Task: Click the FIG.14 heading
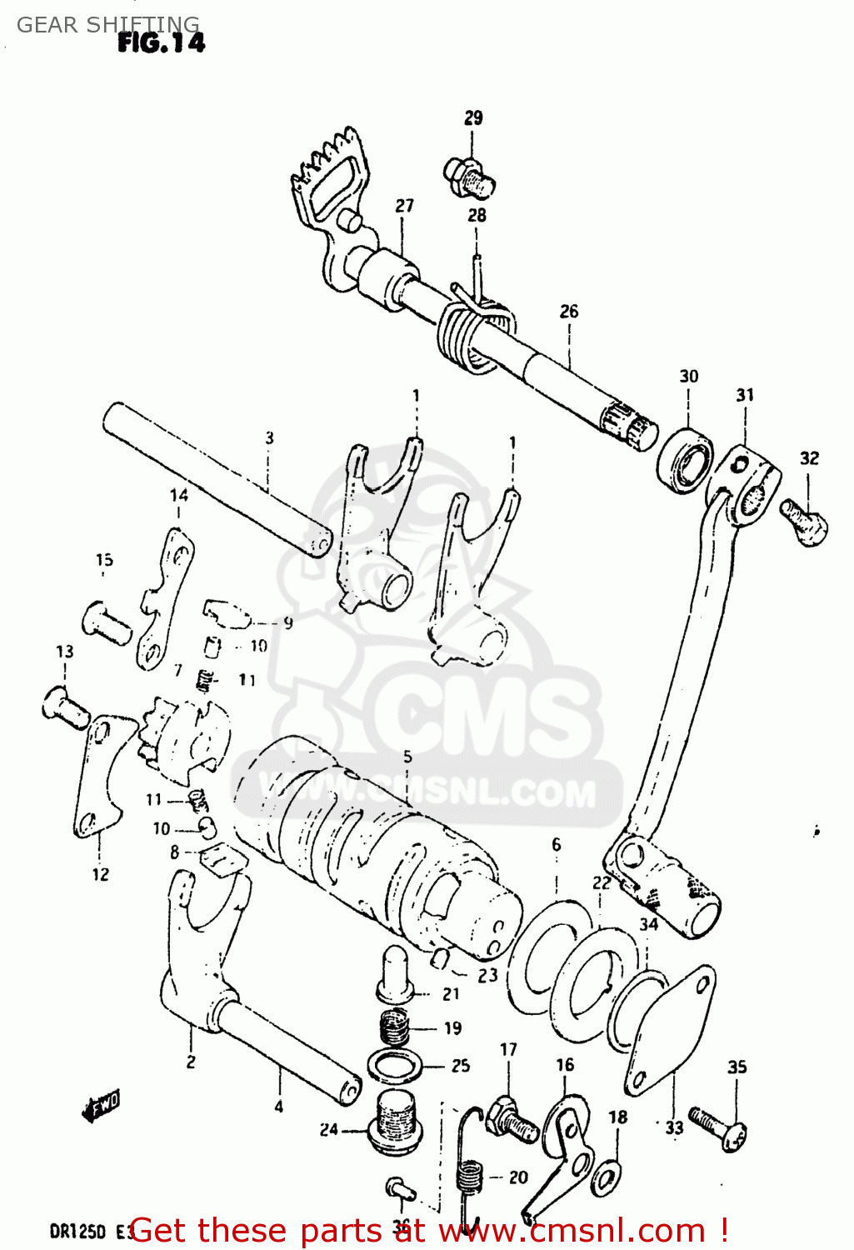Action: [161, 42]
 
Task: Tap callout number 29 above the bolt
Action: [473, 117]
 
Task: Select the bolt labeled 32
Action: [805, 521]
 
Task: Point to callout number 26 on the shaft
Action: [569, 311]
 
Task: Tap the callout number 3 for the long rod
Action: [269, 437]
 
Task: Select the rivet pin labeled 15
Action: [106, 621]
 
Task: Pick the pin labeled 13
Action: [65, 705]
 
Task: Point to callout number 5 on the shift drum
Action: [407, 757]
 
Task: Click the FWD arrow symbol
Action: [102, 1106]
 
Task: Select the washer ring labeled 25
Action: [395, 1066]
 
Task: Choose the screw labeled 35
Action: [717, 1126]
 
